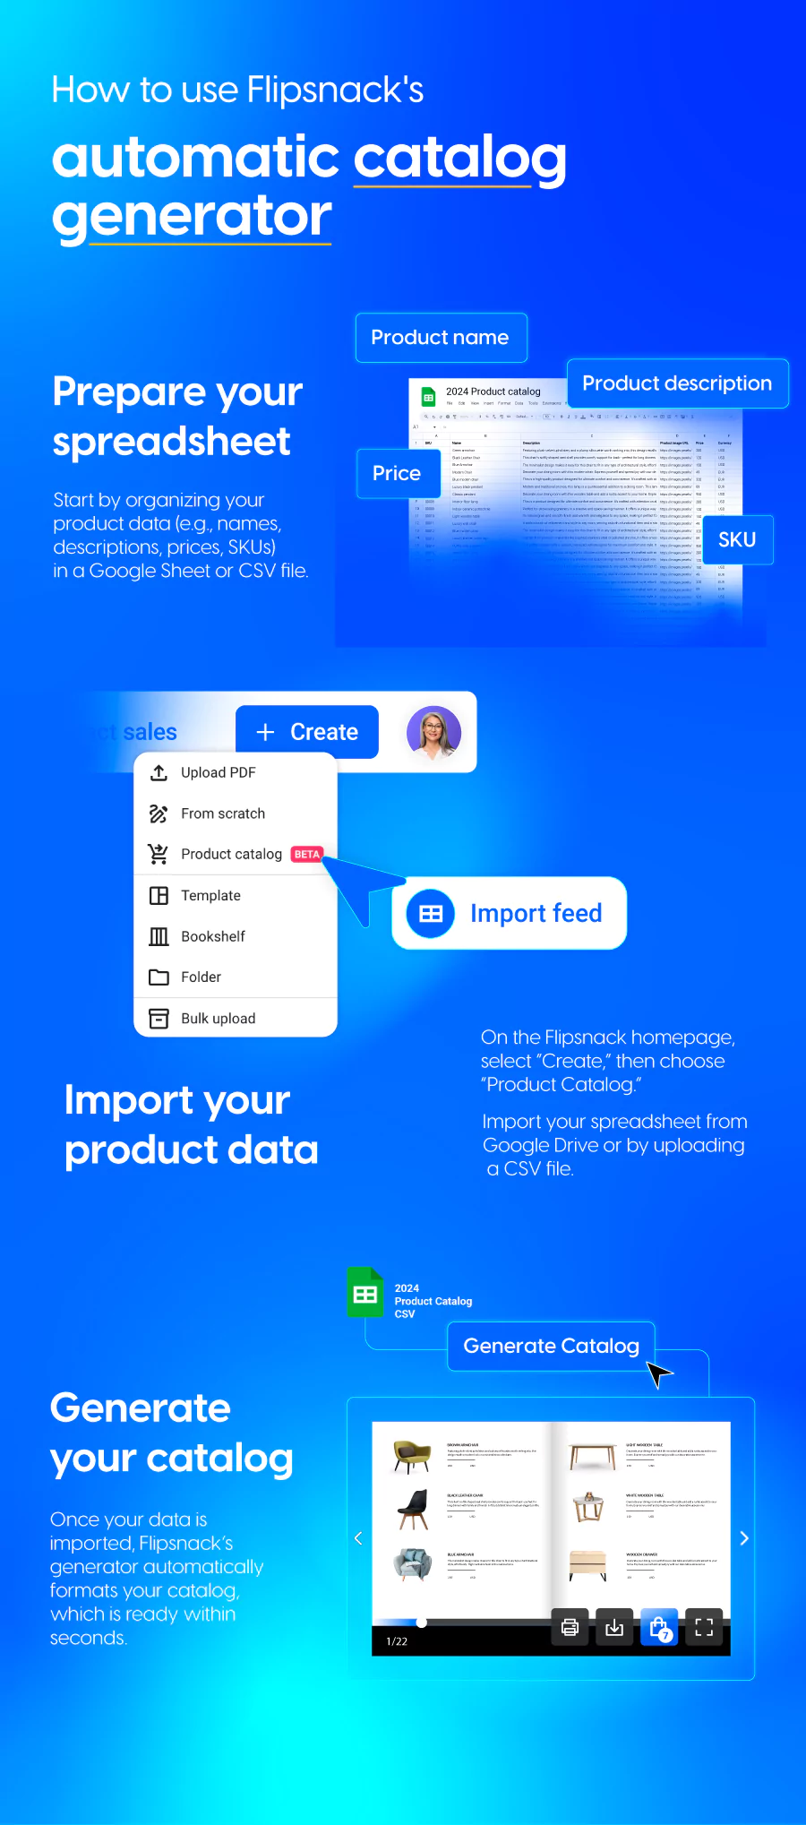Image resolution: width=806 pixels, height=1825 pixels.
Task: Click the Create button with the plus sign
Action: [x=307, y=732]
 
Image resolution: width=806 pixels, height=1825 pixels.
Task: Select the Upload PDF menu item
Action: [x=218, y=772]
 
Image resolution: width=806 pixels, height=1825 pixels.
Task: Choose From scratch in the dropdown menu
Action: [x=222, y=814]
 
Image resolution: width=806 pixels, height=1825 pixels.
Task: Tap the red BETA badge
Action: [x=307, y=854]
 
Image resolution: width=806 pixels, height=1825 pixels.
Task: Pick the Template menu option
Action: [x=210, y=895]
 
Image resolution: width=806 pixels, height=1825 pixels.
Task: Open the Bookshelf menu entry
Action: [x=212, y=936]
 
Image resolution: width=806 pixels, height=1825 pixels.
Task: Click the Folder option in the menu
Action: [x=201, y=977]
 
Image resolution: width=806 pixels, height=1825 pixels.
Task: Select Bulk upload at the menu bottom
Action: [x=218, y=1018]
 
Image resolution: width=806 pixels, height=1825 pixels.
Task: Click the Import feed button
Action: [x=509, y=913]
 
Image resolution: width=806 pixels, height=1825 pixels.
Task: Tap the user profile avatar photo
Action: [x=434, y=732]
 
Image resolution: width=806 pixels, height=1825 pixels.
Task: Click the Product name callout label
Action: [x=441, y=338]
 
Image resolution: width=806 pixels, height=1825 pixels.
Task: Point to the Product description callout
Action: [x=677, y=383]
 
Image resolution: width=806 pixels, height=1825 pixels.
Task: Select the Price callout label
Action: [x=397, y=473]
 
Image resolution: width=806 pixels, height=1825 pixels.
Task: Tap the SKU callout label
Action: [x=737, y=539]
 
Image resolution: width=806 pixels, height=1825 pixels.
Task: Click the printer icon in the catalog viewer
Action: [x=570, y=1627]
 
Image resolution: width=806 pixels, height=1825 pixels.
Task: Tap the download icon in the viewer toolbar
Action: [x=614, y=1627]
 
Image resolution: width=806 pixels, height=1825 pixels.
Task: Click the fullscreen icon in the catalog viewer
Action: [x=704, y=1627]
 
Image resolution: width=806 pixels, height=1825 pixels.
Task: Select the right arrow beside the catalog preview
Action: [x=743, y=1538]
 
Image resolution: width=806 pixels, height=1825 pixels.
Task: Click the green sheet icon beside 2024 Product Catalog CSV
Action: [x=365, y=1293]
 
